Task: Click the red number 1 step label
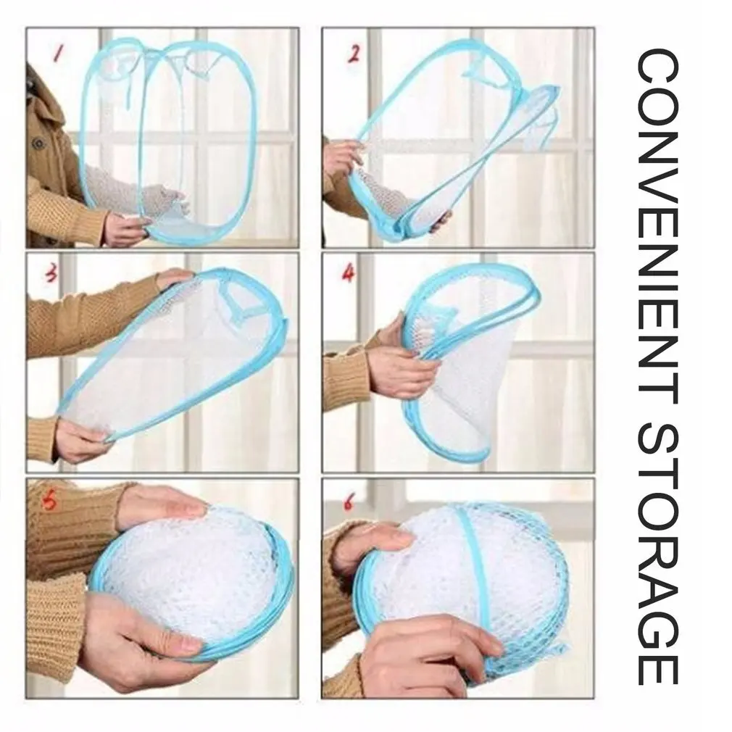point(57,52)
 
